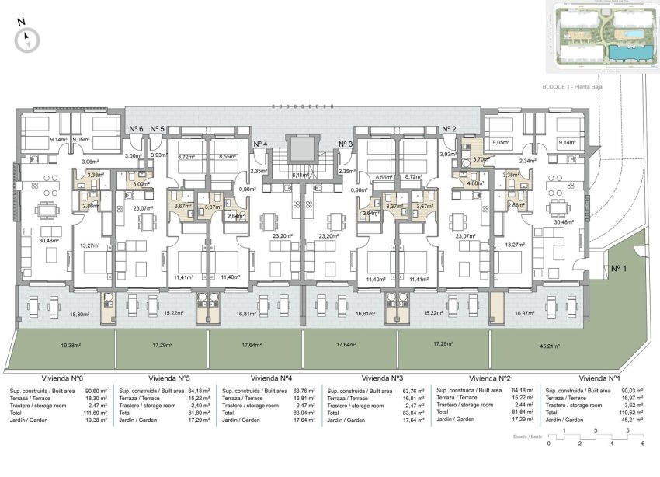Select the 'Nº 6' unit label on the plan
pyautogui.click(x=137, y=129)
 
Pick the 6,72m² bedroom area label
pyautogui.click(x=186, y=157)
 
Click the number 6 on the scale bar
pyautogui.click(x=642, y=443)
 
